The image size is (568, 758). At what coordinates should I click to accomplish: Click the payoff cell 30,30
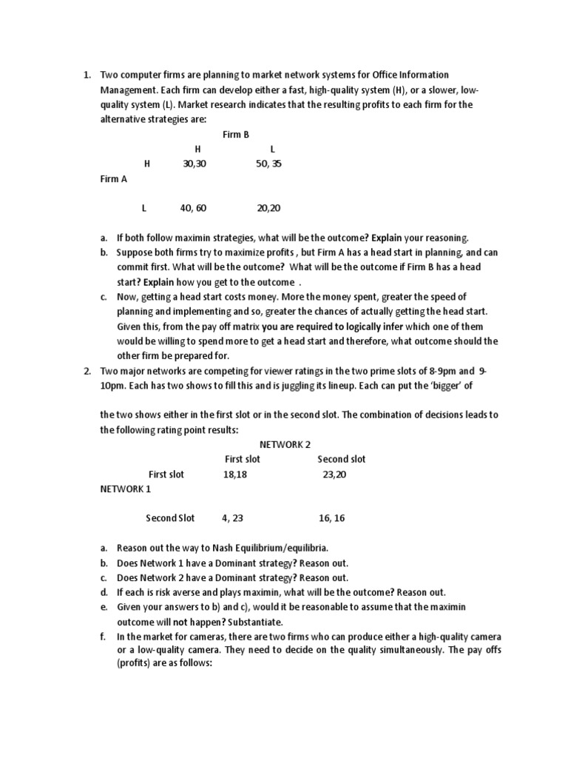point(193,164)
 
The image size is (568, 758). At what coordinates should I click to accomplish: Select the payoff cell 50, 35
point(268,164)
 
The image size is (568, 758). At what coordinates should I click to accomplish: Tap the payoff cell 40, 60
point(193,208)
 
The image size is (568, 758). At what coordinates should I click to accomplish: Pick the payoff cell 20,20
point(268,208)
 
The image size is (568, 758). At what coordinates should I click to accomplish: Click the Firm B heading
point(236,135)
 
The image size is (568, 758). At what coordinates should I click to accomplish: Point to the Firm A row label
point(114,178)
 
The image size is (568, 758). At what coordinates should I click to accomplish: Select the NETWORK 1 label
point(126,489)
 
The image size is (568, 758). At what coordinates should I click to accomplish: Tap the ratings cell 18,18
point(234,474)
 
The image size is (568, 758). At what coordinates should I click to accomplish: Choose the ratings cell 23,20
point(334,474)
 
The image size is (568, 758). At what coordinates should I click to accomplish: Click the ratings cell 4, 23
point(232,518)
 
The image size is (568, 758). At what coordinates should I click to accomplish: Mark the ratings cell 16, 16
point(332,518)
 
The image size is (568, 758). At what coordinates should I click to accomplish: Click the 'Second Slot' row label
point(170,518)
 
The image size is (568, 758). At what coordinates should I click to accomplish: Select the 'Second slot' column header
point(342,459)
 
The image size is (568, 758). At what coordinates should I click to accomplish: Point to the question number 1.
point(86,75)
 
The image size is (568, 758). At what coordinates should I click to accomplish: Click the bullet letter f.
point(103,637)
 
